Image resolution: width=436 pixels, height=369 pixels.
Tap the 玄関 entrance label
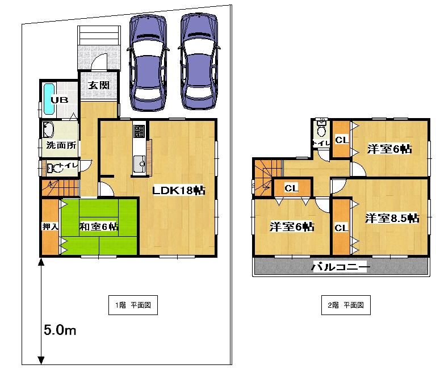(98, 86)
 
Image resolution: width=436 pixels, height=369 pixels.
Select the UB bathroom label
(60, 100)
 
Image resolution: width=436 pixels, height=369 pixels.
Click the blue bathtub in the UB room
(48, 100)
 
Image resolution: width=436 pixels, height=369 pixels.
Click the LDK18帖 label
(178, 191)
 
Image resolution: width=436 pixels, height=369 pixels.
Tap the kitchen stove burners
(139, 132)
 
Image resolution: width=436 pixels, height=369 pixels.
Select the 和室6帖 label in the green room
(99, 227)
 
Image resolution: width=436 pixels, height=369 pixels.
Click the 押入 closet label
(49, 227)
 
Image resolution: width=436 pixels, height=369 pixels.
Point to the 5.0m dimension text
(60, 330)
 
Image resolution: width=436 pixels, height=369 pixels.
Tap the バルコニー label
(341, 267)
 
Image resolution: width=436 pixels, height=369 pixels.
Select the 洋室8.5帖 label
(392, 218)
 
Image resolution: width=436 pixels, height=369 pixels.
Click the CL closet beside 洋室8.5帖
(341, 228)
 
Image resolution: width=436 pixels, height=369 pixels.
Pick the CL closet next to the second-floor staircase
(292, 188)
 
